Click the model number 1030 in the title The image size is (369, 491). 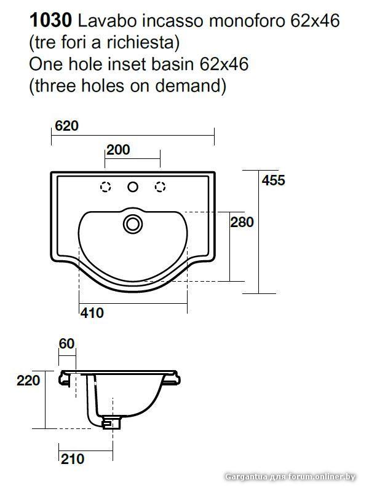pyautogui.click(x=50, y=21)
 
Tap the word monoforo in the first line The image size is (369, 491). pyautogui.click(x=247, y=21)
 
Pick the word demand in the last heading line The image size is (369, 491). pyautogui.click(x=188, y=85)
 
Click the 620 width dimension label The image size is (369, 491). pyautogui.click(x=66, y=126)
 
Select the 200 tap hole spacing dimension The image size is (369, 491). pyautogui.click(x=118, y=150)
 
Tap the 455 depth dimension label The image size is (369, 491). pyautogui.click(x=273, y=180)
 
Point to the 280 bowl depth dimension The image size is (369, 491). pyautogui.click(x=242, y=222)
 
